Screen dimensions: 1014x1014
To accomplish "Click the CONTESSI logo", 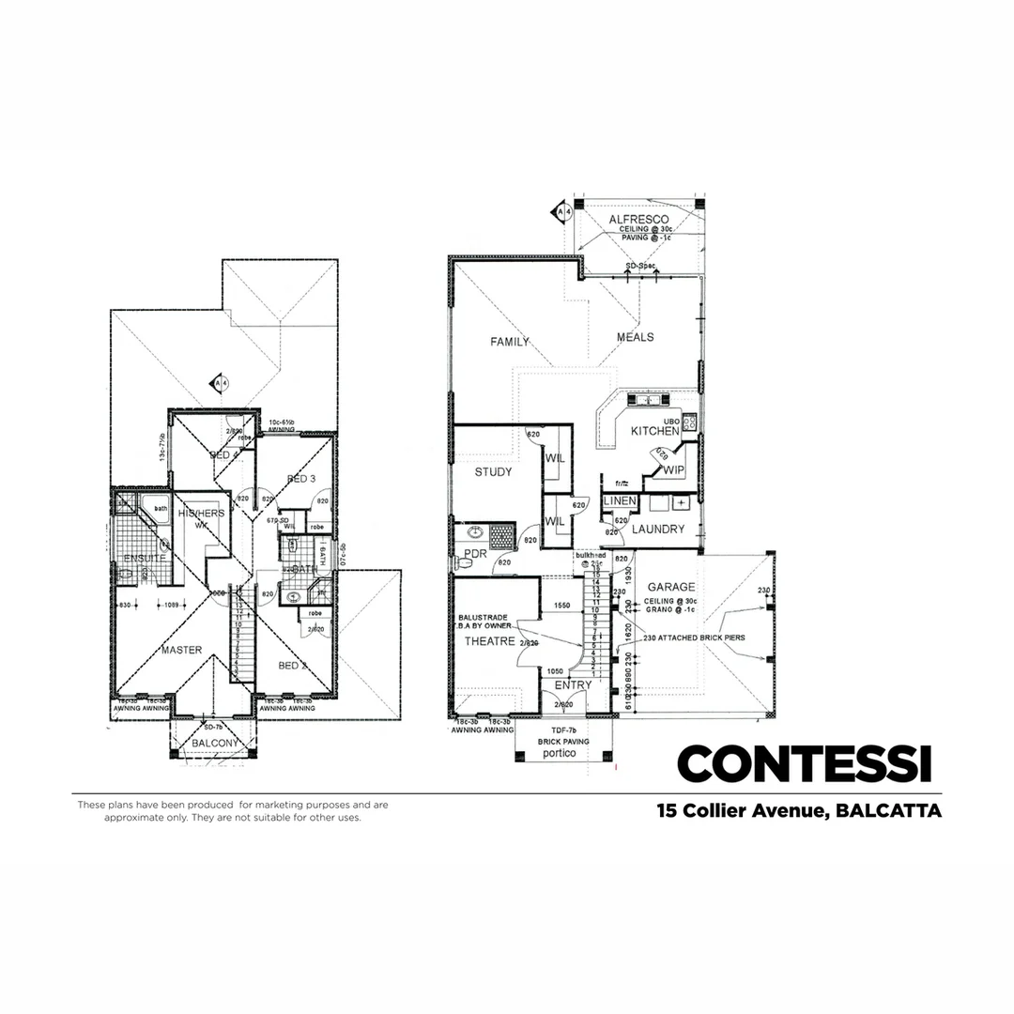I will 804,763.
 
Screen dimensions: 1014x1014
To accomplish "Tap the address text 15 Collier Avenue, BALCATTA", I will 799,810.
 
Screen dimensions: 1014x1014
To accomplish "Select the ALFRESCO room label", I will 638,220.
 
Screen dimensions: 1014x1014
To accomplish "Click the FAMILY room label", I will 510,342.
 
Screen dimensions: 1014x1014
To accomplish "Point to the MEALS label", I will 635,337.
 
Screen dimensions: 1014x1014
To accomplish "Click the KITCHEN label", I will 653,431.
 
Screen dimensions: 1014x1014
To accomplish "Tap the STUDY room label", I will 493,472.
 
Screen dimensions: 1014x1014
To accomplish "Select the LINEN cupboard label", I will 620,502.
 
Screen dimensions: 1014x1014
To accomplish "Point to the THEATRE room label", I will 489,641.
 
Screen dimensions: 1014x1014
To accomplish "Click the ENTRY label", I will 573,685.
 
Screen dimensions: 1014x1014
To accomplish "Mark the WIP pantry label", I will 673,472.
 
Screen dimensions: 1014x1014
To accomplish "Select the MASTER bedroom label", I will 181,650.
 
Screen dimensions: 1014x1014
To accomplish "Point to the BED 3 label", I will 300,479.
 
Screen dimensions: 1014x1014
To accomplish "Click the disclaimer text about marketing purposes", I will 232,810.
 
